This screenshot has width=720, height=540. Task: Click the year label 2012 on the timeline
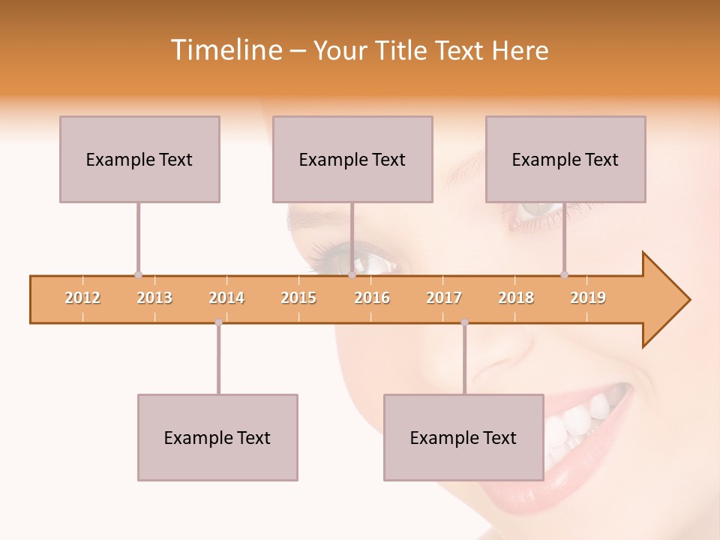[x=82, y=298]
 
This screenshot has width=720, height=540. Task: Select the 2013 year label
[x=154, y=298]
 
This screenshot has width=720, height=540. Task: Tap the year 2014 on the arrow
[x=226, y=298]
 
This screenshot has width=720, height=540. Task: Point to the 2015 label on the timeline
[x=298, y=298]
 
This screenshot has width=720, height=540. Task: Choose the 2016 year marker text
[x=372, y=298]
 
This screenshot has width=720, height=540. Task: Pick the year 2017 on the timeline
[x=444, y=298]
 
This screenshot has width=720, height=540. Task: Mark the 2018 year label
[x=516, y=298]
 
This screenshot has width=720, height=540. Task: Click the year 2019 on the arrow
[x=588, y=298]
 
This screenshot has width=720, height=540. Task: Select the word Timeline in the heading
[x=225, y=50]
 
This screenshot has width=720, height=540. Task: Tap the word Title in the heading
[x=402, y=50]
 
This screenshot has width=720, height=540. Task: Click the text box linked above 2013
[x=139, y=159]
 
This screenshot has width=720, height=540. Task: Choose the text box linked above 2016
[x=352, y=159]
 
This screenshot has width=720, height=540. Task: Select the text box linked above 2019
[x=565, y=159]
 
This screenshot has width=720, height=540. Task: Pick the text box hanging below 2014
[x=217, y=437]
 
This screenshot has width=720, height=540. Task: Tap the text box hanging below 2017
[x=463, y=437]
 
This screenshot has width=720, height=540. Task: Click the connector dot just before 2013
[x=138, y=274]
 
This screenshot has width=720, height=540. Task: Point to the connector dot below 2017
[x=464, y=322]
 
